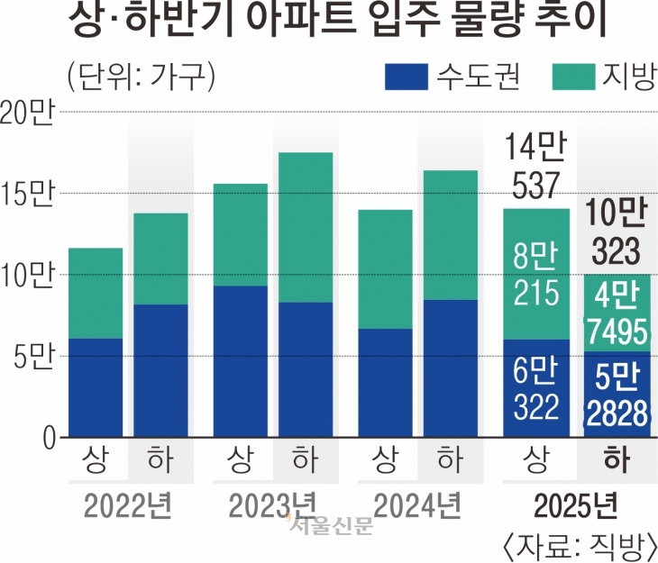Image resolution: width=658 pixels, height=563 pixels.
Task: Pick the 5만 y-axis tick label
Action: tap(33, 357)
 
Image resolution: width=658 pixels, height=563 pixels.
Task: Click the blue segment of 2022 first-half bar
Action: tap(96, 388)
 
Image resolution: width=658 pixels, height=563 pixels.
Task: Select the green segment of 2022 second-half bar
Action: tap(159, 259)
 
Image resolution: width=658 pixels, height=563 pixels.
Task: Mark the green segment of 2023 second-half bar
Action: tap(305, 227)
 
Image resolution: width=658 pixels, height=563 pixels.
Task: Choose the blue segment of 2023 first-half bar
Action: tap(240, 361)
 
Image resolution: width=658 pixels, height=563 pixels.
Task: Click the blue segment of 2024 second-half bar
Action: tap(449, 368)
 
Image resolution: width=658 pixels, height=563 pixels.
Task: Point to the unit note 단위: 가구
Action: tap(140, 77)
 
